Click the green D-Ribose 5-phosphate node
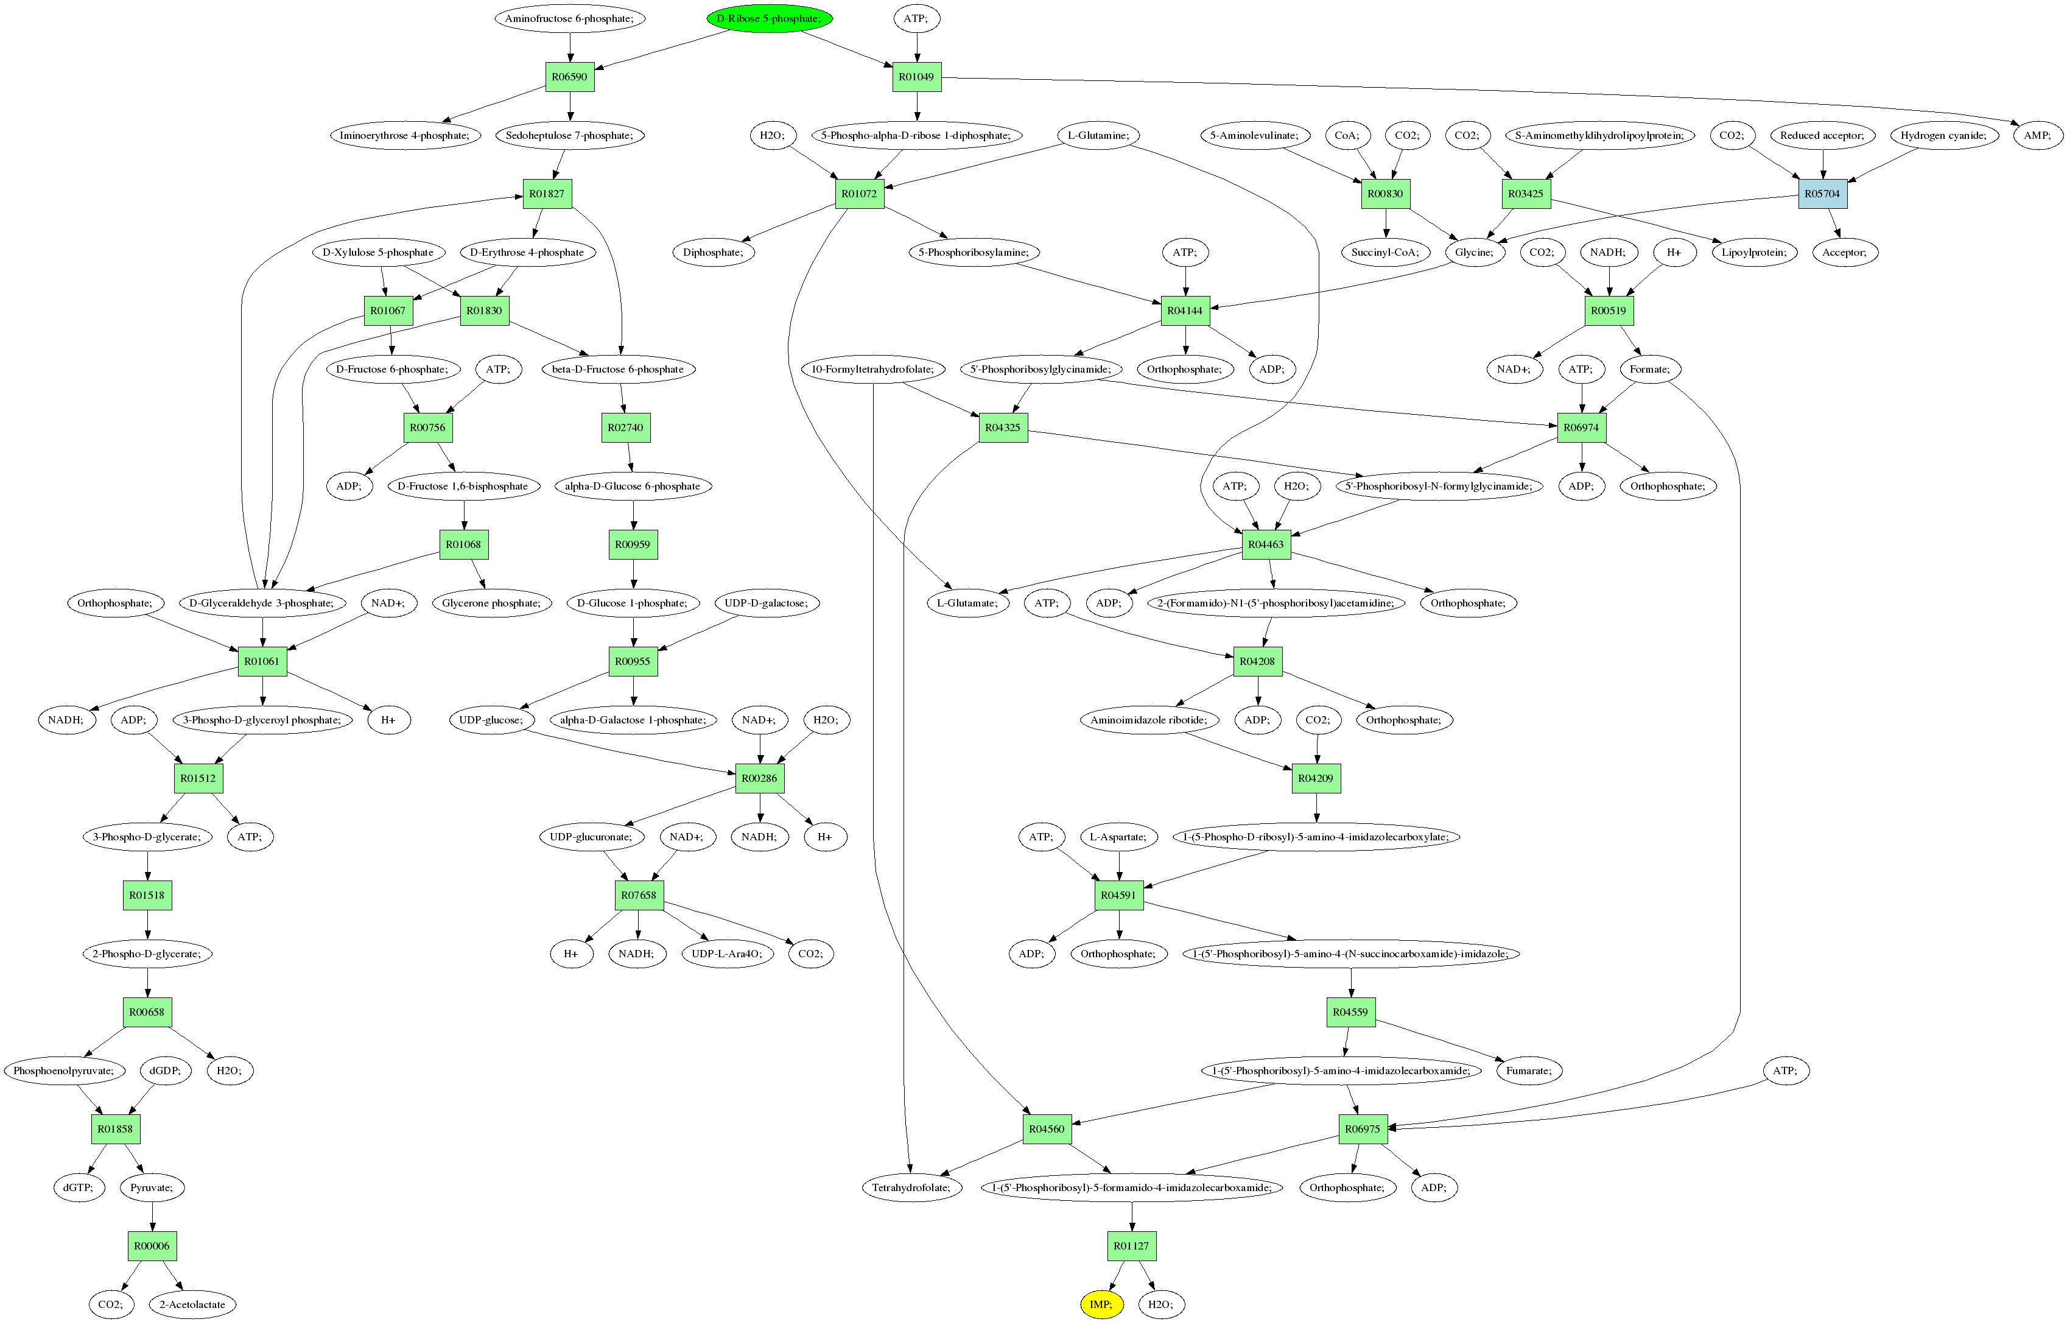point(768,18)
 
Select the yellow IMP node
point(1100,1304)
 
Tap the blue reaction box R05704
point(1822,193)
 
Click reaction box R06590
point(569,76)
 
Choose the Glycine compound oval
point(1474,251)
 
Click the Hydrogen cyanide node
point(1943,135)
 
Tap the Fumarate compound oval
point(1528,1071)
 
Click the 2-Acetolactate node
point(192,1304)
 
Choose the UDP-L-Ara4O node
point(726,953)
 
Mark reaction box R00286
point(760,778)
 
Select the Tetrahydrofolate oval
point(911,1187)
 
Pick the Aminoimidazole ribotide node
point(1148,719)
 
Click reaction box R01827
point(547,193)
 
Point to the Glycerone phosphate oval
point(491,603)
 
